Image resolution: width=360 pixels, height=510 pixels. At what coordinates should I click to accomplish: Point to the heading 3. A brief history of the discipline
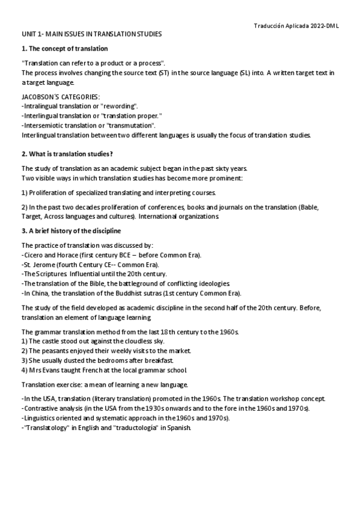coord(71,231)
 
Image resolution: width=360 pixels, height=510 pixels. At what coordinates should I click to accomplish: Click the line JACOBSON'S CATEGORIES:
coord(61,97)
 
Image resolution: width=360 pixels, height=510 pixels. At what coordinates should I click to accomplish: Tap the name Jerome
coord(44,265)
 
